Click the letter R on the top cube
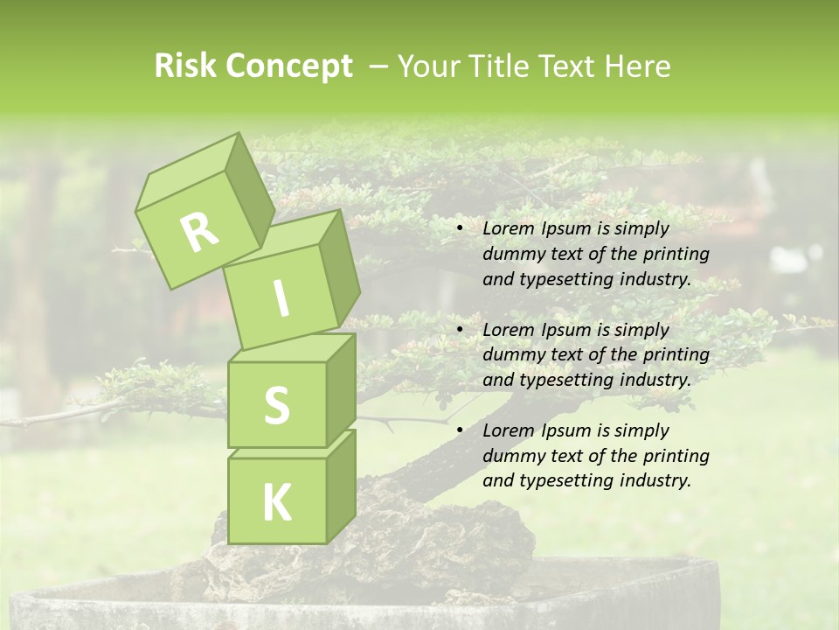coord(199,232)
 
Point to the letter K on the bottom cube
coord(276,503)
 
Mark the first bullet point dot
coord(460,229)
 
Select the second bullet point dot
coord(460,331)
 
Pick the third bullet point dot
coord(460,431)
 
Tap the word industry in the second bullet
coord(653,381)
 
